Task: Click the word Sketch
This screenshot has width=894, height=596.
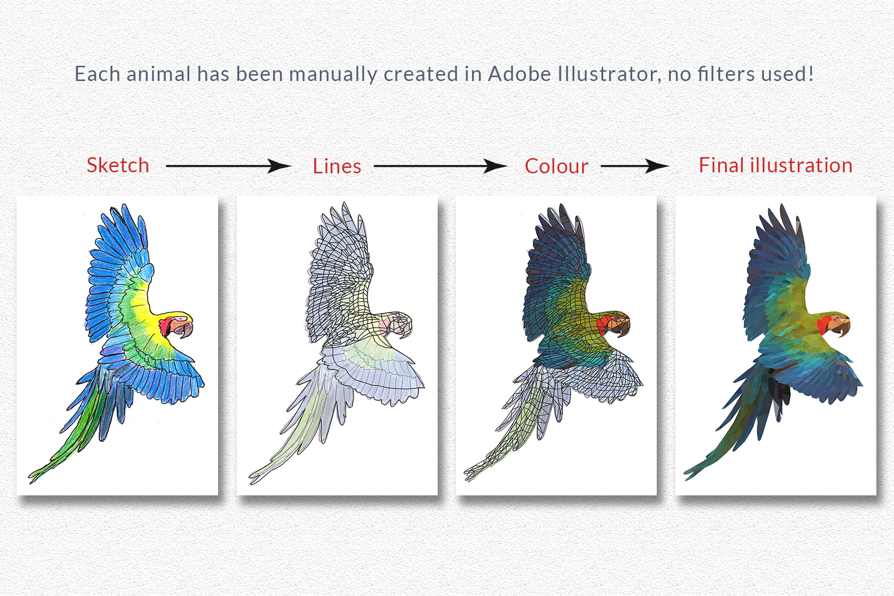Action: pyautogui.click(x=118, y=165)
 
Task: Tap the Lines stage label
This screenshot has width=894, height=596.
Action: pyautogui.click(x=337, y=166)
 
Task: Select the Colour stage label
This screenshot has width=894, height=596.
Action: pyautogui.click(x=556, y=166)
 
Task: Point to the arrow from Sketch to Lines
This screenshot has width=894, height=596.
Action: pyautogui.click(x=228, y=166)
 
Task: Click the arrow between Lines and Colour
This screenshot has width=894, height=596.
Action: pyautogui.click(x=440, y=166)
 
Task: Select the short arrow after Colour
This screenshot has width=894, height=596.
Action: pyautogui.click(x=634, y=166)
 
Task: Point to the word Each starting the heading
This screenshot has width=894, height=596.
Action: pyautogui.click(x=97, y=74)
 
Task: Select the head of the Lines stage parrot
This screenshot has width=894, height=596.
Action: pyautogui.click(x=398, y=322)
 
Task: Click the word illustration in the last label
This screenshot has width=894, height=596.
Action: pyautogui.click(x=801, y=165)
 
